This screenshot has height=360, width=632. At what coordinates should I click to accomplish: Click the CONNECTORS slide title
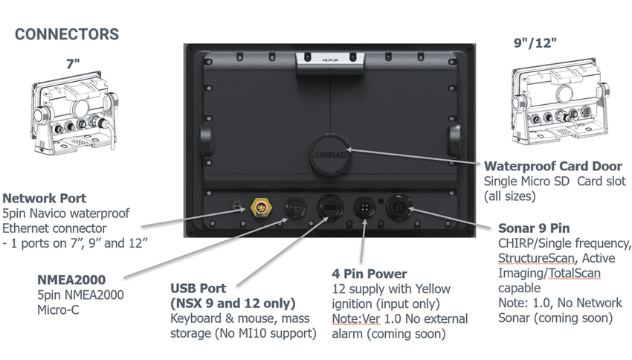coord(67,34)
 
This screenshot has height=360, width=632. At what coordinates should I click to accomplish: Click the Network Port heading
coord(45,199)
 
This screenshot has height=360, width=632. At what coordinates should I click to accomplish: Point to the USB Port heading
coord(199,288)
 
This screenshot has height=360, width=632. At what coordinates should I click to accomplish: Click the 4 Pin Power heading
coord(370,274)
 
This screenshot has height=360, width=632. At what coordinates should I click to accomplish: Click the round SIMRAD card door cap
coord(327,152)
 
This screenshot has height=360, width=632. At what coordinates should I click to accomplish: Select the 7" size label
coord(72,63)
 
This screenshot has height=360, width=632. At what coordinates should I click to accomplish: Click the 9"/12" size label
coord(535,42)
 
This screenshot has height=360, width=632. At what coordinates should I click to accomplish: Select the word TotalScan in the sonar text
coord(575,273)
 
